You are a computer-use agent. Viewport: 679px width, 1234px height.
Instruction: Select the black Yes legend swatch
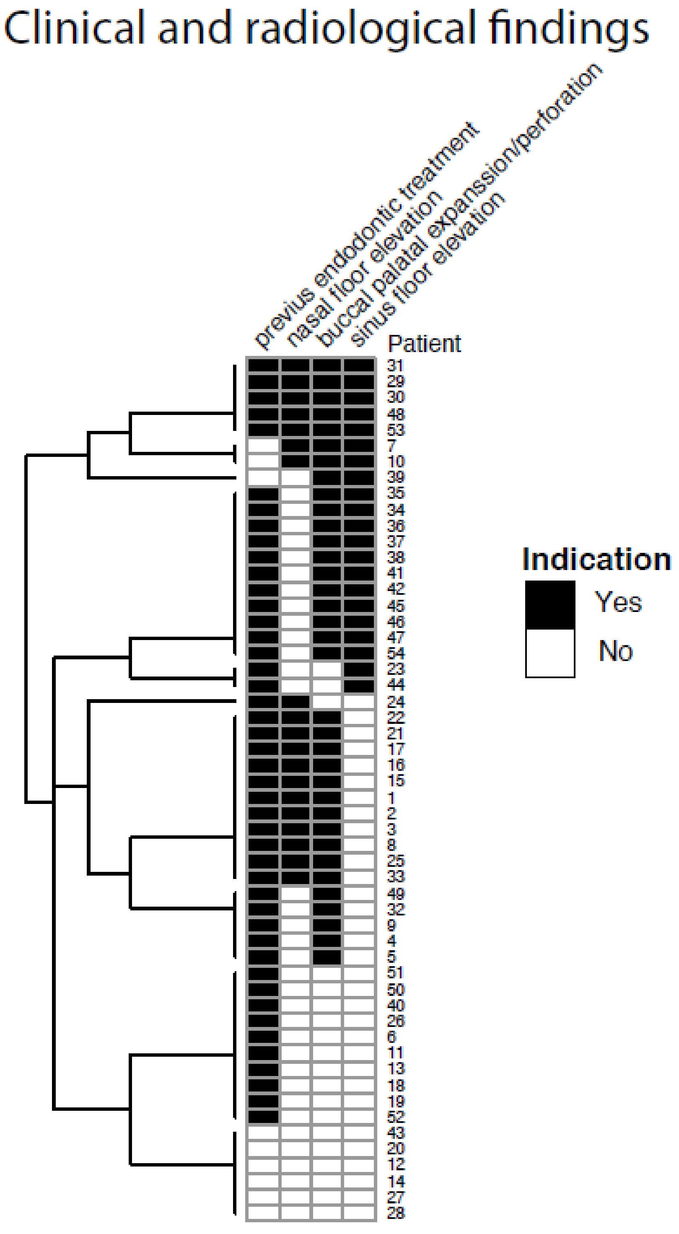[550, 604]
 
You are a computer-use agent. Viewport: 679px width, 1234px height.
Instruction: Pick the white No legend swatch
[550, 653]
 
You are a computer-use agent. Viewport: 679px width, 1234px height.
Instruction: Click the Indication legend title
[596, 559]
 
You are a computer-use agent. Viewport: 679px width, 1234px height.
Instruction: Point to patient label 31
[395, 366]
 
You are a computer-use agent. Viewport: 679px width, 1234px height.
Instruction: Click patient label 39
[396, 477]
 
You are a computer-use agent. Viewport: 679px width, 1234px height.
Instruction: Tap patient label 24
[396, 702]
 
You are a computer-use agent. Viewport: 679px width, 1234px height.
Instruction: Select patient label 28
[396, 1213]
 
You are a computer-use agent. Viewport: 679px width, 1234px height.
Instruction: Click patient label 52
[396, 1117]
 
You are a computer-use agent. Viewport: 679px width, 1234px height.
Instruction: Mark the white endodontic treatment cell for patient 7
[263, 446]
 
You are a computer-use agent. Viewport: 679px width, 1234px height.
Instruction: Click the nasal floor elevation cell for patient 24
[295, 702]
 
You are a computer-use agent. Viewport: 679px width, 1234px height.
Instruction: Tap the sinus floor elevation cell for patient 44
[359, 685]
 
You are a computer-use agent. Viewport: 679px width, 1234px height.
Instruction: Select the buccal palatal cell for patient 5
[327, 957]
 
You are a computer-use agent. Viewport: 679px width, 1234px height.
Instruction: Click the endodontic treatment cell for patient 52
[263, 1117]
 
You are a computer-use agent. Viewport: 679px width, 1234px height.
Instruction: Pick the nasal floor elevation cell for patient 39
[295, 477]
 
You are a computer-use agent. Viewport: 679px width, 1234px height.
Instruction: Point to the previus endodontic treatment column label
[366, 235]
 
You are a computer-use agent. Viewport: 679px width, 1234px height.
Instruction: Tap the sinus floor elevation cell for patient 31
[359, 366]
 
